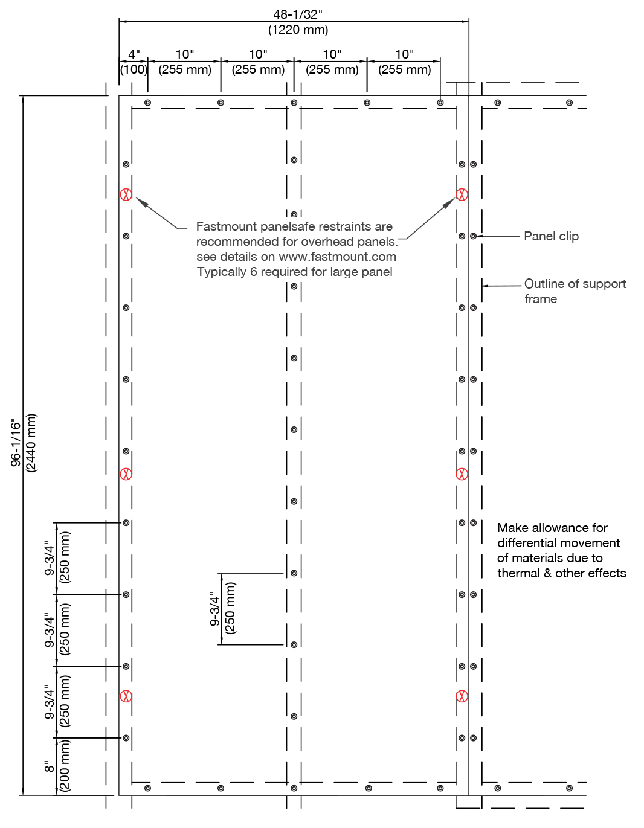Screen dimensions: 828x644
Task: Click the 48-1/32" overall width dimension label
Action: coord(298,14)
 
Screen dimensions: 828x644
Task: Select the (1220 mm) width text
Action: coord(298,30)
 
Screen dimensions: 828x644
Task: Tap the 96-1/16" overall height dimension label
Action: coord(16,442)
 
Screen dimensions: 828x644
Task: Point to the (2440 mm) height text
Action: coord(31,443)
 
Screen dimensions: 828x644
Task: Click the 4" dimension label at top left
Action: coord(134,54)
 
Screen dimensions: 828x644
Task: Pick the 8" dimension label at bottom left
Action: coord(49,766)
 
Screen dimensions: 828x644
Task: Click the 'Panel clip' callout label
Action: coord(551,236)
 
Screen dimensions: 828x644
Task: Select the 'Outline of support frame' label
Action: coord(575,291)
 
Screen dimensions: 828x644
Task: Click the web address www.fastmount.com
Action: coord(337,257)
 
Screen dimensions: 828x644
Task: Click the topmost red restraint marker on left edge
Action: coord(126,194)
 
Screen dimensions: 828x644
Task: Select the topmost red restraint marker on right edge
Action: coord(462,194)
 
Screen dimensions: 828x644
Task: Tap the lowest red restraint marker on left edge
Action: coord(126,696)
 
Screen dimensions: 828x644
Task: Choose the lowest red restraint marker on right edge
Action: coord(462,696)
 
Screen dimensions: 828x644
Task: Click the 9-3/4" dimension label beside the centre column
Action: coord(215,609)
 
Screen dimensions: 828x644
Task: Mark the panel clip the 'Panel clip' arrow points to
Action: coord(473,236)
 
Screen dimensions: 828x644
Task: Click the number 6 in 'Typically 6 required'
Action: coord(254,272)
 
